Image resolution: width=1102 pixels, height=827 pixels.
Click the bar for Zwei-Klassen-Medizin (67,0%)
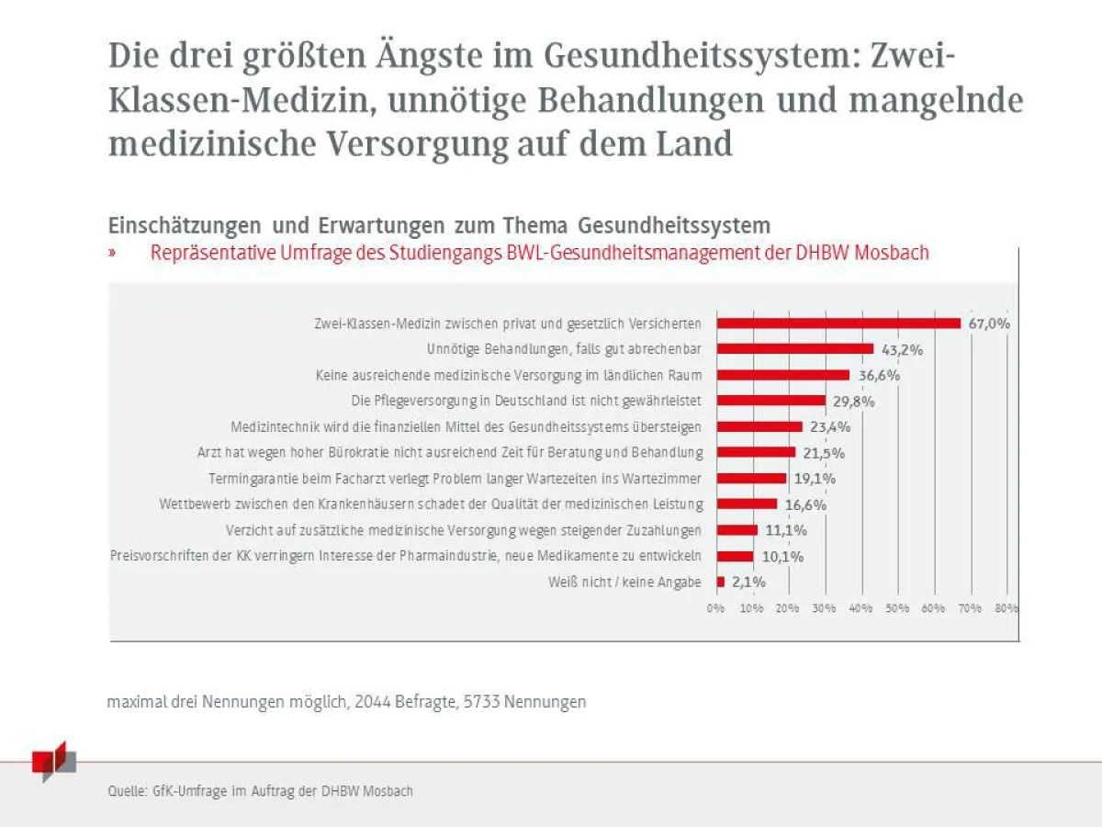838,323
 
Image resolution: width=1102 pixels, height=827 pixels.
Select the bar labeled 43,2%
794,349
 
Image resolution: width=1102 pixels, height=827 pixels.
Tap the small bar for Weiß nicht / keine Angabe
721,582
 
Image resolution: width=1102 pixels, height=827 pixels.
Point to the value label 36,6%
879,375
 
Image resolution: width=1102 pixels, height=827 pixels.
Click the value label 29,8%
854,402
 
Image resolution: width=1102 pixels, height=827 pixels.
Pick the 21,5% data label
824,453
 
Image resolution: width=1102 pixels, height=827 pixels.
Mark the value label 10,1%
782,556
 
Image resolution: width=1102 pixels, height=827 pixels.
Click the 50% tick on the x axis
897,608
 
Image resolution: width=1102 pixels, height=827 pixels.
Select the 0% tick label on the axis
715,608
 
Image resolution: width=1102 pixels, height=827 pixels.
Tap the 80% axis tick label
1006,608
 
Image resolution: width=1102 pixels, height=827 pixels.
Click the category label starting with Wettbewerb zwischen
431,504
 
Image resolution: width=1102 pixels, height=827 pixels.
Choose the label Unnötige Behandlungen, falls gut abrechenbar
564,349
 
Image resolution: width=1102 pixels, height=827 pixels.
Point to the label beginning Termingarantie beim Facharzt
455,479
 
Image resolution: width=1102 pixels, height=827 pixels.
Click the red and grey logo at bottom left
53,763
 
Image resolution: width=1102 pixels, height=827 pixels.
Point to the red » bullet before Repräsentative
111,253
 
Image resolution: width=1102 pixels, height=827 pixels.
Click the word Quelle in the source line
126,791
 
